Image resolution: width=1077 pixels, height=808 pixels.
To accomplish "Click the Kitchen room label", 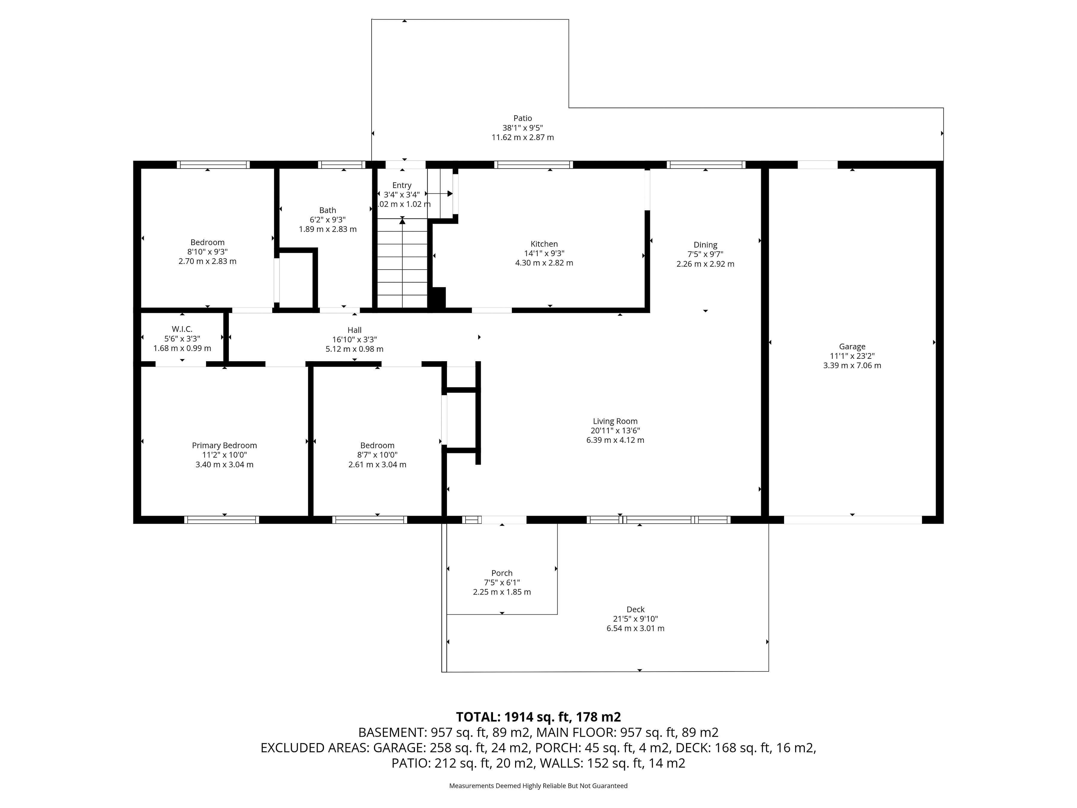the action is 544,244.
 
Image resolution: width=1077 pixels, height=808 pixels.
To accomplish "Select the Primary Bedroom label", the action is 224,446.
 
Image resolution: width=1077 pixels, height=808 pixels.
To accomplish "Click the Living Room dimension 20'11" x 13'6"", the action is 615,431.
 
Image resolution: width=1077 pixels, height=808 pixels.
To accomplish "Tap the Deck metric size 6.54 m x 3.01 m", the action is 635,628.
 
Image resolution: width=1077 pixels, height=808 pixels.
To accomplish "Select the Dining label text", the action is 705,245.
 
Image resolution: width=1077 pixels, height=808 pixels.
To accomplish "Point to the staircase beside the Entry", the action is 403,263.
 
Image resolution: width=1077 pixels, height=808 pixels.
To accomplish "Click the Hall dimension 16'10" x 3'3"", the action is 355,339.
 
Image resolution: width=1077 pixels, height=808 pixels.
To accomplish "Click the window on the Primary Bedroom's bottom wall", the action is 222,520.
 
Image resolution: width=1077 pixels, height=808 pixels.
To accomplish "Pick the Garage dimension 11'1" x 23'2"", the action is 852,356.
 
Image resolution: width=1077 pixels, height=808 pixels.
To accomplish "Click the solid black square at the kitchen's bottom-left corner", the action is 437,297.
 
